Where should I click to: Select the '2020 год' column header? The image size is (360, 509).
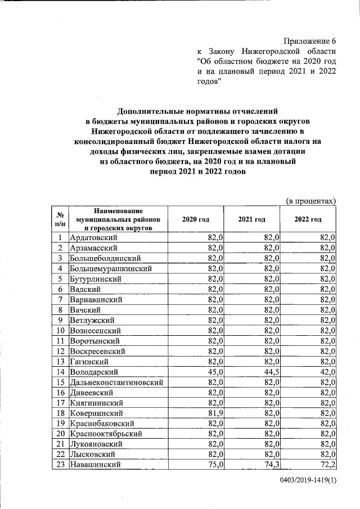[x=195, y=219]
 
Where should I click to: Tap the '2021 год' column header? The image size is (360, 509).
[x=251, y=219]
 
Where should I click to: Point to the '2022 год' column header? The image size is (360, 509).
[x=308, y=219]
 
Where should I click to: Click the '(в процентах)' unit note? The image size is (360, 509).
[x=311, y=201]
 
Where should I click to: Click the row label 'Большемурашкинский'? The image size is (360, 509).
[x=111, y=269]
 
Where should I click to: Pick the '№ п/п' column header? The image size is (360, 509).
[x=59, y=219]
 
